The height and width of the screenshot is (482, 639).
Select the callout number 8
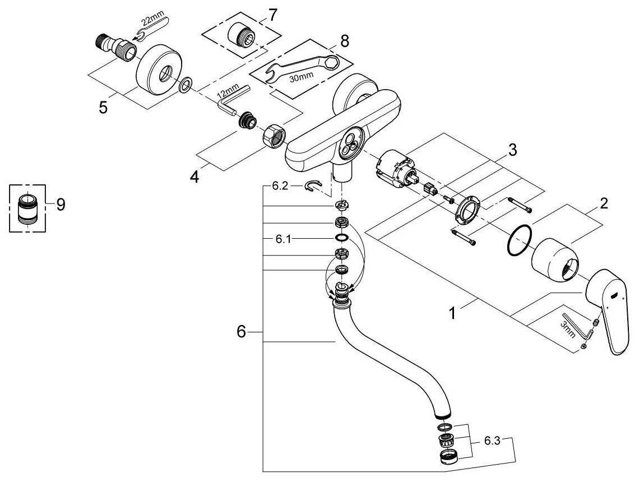pos(344,40)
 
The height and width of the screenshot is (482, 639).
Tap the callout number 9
pos(60,205)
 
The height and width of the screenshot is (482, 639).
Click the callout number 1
pos(452,313)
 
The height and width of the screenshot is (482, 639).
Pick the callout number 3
pos(512,151)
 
